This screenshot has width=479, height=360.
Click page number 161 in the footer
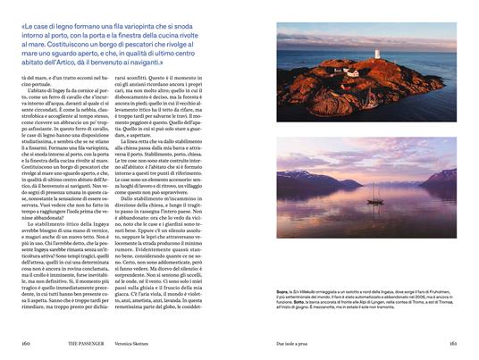point(453,342)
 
